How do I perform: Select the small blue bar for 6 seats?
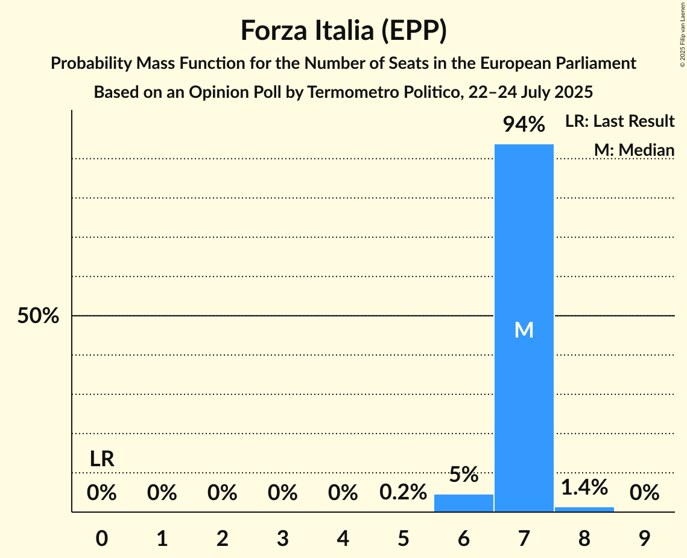click(x=463, y=503)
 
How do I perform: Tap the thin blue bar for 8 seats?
click(x=584, y=509)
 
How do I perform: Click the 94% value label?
click(x=524, y=125)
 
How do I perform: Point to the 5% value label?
click(x=463, y=475)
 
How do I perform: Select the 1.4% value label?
click(x=584, y=487)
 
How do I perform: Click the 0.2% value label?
click(x=403, y=493)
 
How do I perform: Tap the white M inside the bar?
click(x=524, y=330)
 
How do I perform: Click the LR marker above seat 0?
click(x=102, y=459)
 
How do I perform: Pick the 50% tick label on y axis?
click(x=38, y=316)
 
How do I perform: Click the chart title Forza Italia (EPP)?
click(x=343, y=31)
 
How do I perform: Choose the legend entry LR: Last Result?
click(x=619, y=121)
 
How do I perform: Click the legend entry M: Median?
click(x=634, y=150)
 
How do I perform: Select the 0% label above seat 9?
click(x=644, y=493)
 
